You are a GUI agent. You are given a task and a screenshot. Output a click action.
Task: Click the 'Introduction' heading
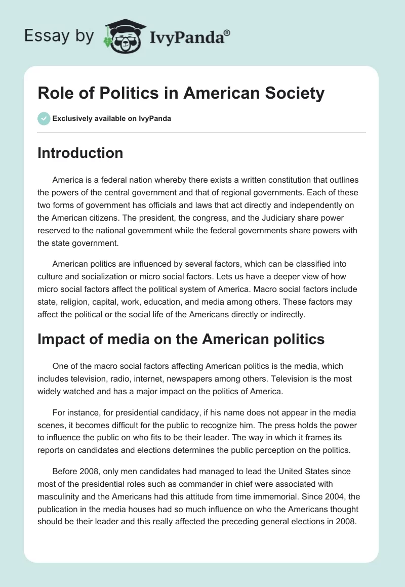[80, 153]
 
